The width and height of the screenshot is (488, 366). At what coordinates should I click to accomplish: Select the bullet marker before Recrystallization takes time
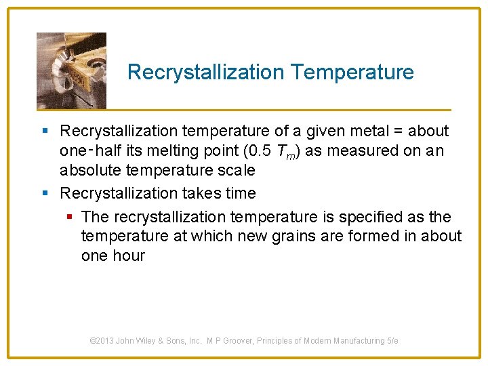click(45, 194)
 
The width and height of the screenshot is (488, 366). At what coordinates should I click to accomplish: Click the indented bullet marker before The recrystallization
click(69, 218)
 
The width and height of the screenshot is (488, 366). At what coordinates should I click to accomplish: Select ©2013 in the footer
click(103, 341)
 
